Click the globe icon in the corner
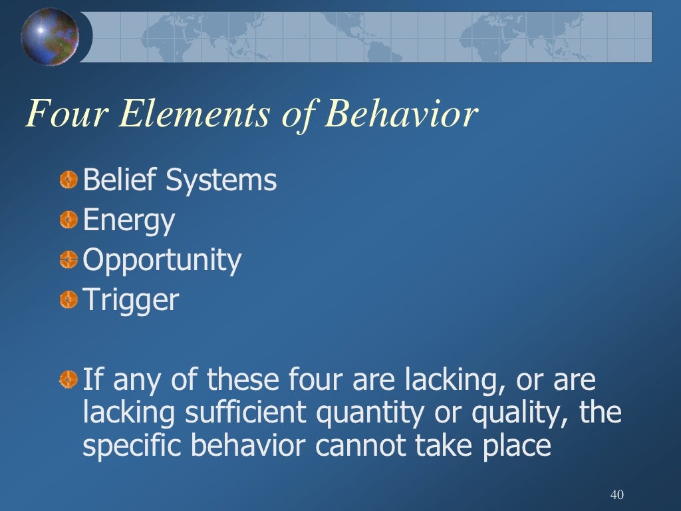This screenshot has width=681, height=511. point(49,37)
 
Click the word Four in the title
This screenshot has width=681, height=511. point(63,114)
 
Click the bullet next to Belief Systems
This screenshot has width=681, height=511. point(68,180)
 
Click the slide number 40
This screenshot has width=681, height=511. point(616,495)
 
